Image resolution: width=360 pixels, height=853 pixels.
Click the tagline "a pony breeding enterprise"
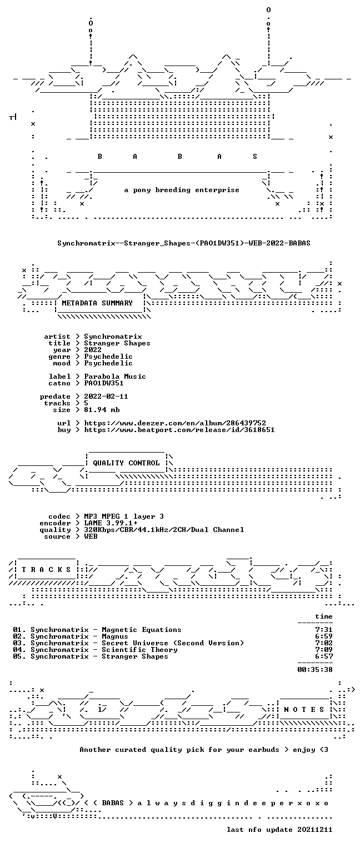182,190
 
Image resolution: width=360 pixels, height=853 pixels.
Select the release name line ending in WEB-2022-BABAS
184,243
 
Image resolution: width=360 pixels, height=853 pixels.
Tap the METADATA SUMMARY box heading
97,303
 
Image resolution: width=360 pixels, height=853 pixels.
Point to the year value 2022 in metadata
93,349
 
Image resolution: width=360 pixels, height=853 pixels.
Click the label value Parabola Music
115,376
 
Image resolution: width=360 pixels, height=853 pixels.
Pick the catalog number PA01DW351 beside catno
104,383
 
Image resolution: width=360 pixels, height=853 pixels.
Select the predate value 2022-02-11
106,397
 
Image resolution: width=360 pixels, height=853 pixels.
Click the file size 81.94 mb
102,410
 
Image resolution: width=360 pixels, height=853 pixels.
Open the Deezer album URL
175,423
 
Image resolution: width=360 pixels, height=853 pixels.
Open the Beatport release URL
179,430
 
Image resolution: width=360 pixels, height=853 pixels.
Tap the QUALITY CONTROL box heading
126,463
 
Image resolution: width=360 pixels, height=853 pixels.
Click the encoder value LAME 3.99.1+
111,523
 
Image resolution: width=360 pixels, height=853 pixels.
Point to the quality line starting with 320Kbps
164,530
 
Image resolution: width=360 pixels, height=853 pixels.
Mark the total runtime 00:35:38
315,670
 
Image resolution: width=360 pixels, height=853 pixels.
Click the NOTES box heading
304,710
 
